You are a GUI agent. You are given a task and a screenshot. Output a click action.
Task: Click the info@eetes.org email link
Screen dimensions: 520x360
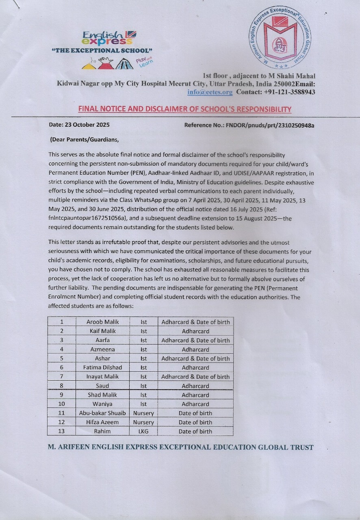pos(210,92)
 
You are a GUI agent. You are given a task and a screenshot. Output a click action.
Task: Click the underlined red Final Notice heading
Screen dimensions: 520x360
pos(185,109)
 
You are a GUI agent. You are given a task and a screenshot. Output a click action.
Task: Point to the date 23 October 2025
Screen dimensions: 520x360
pos(79,125)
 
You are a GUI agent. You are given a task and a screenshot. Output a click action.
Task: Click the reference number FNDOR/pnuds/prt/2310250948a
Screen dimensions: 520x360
pos(249,125)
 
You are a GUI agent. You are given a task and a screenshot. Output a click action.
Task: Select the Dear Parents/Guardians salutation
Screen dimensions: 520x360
pos(85,140)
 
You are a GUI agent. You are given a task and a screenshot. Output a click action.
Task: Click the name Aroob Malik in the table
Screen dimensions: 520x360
pos(103,322)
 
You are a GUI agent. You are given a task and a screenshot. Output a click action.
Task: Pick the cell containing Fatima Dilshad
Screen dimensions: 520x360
pos(103,368)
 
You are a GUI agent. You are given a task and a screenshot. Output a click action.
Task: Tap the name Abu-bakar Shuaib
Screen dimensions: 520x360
pos(103,413)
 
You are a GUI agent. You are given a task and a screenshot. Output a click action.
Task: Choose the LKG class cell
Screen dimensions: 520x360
pos(143,431)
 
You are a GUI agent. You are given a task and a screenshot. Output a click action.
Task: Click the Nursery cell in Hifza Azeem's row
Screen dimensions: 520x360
pos(143,422)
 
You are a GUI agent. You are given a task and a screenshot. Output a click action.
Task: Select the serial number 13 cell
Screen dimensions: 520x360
pos(61,431)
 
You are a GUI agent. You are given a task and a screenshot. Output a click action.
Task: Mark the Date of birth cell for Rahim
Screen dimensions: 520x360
pos(195,431)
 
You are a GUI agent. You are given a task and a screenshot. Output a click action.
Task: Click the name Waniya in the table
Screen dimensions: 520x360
pos(103,404)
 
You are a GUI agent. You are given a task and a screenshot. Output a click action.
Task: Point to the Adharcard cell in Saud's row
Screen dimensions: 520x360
pos(195,386)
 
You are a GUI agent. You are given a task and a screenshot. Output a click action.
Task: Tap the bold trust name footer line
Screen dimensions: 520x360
pos(180,447)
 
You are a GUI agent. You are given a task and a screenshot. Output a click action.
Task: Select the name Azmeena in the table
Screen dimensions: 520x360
pos(103,349)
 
